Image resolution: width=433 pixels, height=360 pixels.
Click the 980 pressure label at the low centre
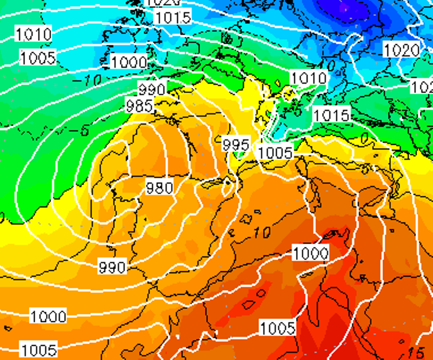pos(160,187)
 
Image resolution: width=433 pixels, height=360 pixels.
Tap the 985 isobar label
pos(139,106)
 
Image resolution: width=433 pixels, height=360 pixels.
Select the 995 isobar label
pos(235,145)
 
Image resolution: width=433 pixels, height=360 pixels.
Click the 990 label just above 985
pos(152,89)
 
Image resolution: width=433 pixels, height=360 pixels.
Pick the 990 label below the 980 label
pos(113,267)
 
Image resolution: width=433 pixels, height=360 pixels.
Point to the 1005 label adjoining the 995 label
pos(275,152)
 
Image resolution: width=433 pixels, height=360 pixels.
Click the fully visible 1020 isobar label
pos(402,50)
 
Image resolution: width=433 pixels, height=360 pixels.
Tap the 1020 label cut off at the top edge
pos(163,3)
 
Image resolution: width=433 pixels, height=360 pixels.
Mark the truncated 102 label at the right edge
pos(422,87)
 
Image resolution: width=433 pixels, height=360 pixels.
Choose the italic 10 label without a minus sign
pos(263,232)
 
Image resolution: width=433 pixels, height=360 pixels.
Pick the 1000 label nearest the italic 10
pos(311,254)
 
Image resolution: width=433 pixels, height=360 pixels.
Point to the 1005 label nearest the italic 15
pos(278,328)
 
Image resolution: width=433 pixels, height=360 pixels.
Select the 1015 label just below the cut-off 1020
pos(173,18)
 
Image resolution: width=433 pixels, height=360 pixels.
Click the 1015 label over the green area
pos(332,115)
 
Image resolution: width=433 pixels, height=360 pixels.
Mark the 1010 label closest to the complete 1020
pos(308,78)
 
